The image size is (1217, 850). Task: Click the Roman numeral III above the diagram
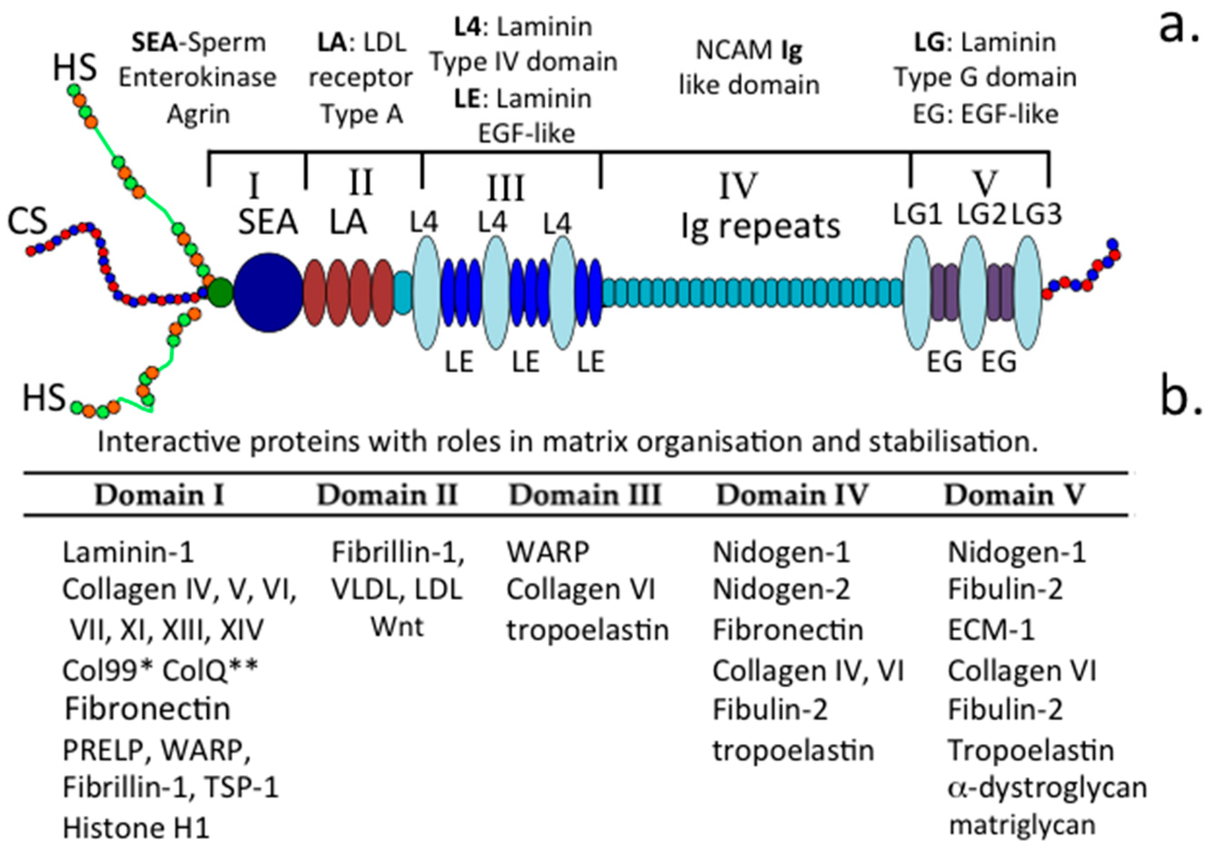pyautogui.click(x=506, y=188)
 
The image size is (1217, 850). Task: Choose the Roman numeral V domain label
pyautogui.click(x=986, y=183)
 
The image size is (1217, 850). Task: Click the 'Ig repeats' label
pyautogui.click(x=761, y=227)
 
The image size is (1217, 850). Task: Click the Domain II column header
pyautogui.click(x=387, y=495)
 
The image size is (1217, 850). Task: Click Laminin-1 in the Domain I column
pyautogui.click(x=128, y=552)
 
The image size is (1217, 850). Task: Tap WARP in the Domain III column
pyautogui.click(x=548, y=552)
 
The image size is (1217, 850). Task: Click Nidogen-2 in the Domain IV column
pyautogui.click(x=781, y=589)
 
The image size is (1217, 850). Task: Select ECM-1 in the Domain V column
pyautogui.click(x=991, y=630)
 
